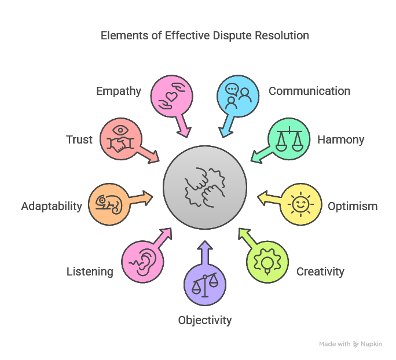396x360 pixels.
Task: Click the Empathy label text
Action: pyautogui.click(x=119, y=91)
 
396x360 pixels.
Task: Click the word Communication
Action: pyautogui.click(x=309, y=91)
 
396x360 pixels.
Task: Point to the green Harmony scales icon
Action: pyautogui.click(x=288, y=139)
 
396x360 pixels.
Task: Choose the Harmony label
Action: pyautogui.click(x=340, y=139)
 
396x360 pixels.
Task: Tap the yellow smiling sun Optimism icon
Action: pyautogui.click(x=300, y=204)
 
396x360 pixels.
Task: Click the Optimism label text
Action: pyautogui.click(x=353, y=206)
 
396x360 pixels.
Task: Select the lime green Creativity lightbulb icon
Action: pyautogui.click(x=267, y=260)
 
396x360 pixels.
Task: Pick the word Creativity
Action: pyautogui.click(x=320, y=271)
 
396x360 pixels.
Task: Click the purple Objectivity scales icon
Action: pyautogui.click(x=204, y=284)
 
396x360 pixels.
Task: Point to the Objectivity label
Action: pyautogui.click(x=204, y=320)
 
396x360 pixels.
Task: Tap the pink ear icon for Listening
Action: pyautogui.click(x=142, y=262)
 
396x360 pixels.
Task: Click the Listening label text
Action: pyautogui.click(x=90, y=271)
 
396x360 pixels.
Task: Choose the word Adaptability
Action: pyautogui.click(x=52, y=206)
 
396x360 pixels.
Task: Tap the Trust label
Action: pyautogui.click(x=79, y=139)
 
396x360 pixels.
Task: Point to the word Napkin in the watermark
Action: pyautogui.click(x=372, y=344)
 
